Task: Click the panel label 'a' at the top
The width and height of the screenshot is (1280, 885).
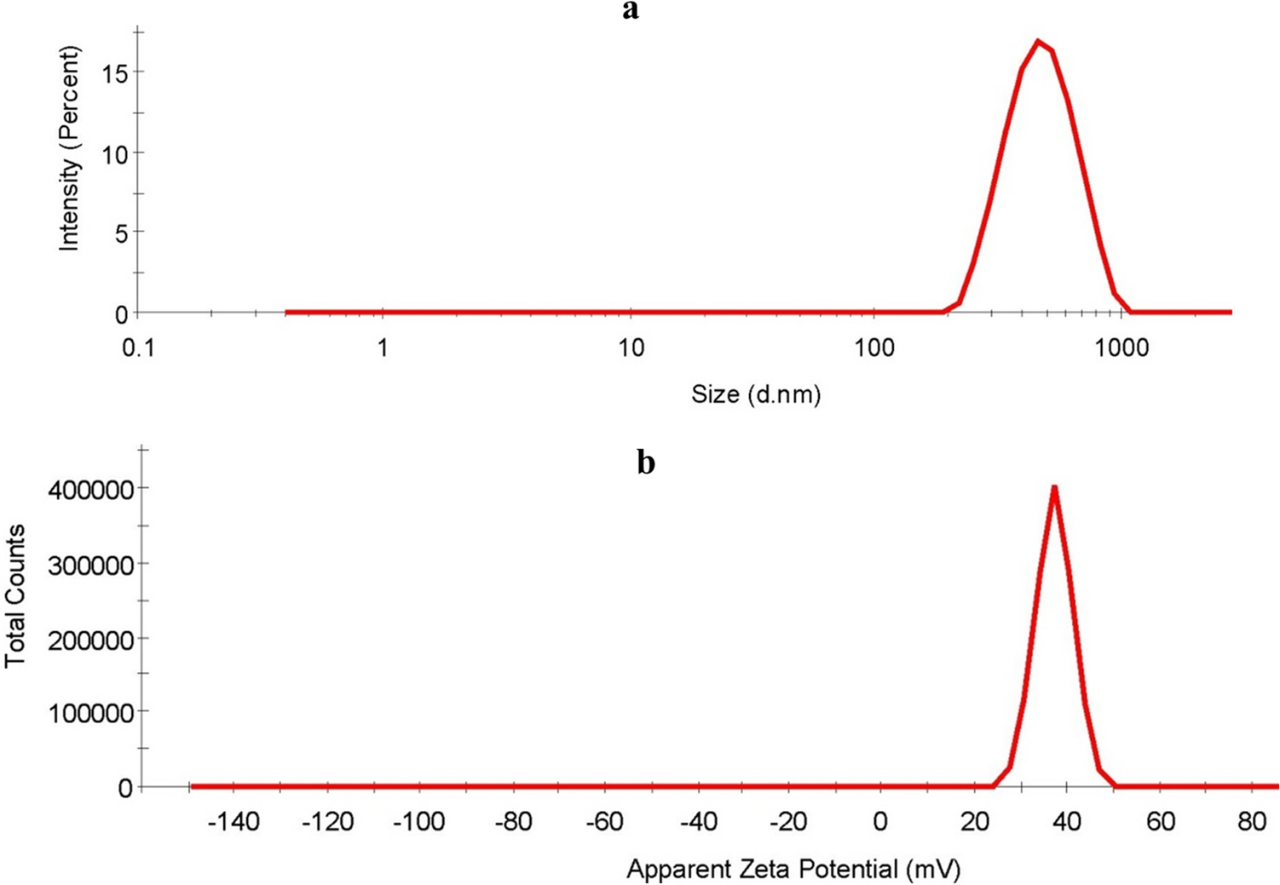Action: [x=631, y=11]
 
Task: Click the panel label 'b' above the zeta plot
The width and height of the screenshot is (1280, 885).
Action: [x=646, y=463]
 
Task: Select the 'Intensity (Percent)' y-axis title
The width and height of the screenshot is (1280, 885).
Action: [x=69, y=149]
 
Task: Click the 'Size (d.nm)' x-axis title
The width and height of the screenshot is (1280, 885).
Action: [x=756, y=394]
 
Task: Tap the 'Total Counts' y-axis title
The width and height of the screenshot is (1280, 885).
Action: [x=15, y=596]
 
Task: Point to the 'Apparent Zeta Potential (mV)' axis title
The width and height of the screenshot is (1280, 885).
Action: [x=793, y=869]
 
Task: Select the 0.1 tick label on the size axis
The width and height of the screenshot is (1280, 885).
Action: [x=139, y=348]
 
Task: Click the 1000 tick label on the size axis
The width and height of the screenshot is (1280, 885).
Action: [x=1121, y=348]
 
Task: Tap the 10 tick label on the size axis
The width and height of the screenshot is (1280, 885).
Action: [x=630, y=348]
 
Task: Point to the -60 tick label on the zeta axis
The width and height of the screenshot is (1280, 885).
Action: [x=604, y=822]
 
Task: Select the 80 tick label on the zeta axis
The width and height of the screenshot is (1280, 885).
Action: [x=1252, y=822]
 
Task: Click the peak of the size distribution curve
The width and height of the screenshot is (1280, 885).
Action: [x=1037, y=41]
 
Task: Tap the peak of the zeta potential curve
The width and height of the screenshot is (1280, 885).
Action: [x=1054, y=487]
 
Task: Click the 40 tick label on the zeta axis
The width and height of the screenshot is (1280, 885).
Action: [x=1067, y=822]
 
